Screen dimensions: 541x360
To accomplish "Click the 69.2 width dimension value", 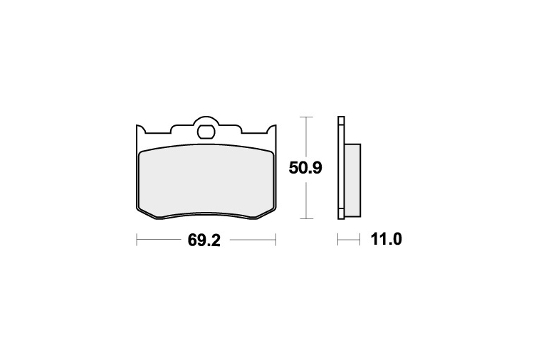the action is [204, 240].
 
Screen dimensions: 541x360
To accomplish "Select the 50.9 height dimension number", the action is [305, 168].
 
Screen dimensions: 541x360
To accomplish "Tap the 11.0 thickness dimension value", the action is [386, 239].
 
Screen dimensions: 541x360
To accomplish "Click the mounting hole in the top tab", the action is [206, 132].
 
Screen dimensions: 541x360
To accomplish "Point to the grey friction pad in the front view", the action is [206, 181].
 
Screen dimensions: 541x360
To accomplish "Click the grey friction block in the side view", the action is [352, 180].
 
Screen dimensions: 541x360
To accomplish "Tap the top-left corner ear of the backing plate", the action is [140, 129].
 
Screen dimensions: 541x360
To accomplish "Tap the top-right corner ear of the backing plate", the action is [272, 129].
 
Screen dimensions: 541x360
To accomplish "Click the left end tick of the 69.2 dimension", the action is [137, 239].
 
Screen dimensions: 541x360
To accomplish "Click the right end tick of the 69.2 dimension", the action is [275, 239].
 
